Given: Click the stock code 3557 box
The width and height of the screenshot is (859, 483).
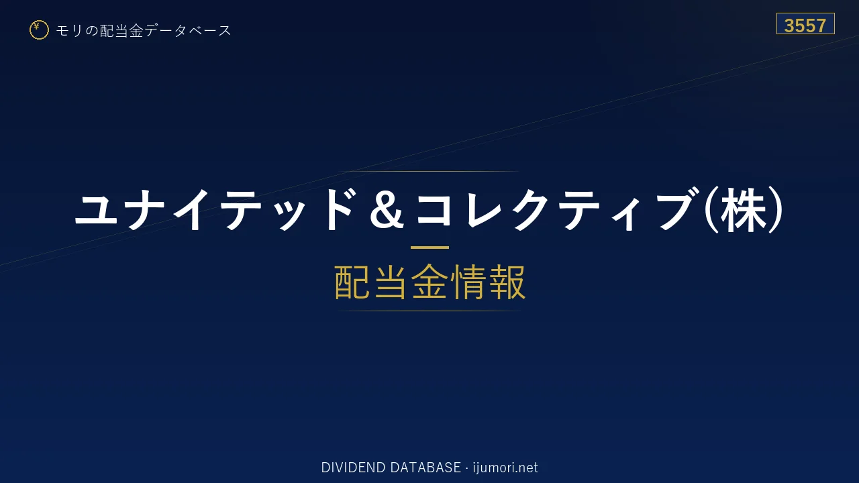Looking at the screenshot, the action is [x=805, y=23].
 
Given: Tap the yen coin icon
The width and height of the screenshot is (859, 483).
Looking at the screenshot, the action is [x=39, y=30].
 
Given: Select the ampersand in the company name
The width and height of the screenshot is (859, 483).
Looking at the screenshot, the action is [x=387, y=210].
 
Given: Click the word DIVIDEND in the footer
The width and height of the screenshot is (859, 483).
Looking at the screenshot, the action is [x=353, y=468].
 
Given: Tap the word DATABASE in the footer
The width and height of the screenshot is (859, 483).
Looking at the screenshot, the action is [x=425, y=468].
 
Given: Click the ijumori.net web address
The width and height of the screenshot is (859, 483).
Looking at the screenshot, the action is [x=505, y=468].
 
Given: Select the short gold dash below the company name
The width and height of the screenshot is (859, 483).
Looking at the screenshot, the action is [x=429, y=248].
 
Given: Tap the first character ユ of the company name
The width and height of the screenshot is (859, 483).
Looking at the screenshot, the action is [x=96, y=209].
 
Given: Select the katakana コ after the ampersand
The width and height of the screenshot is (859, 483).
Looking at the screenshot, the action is [x=434, y=209].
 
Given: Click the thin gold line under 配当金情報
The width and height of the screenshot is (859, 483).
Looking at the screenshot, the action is [x=429, y=311].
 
